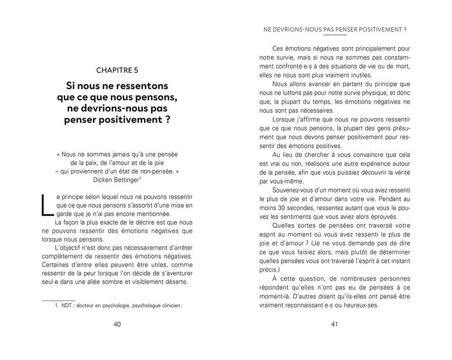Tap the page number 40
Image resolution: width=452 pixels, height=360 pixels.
tap(116, 341)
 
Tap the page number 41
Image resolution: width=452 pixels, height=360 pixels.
tap(334, 341)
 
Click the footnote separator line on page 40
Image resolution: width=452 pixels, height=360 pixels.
tap(58, 299)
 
